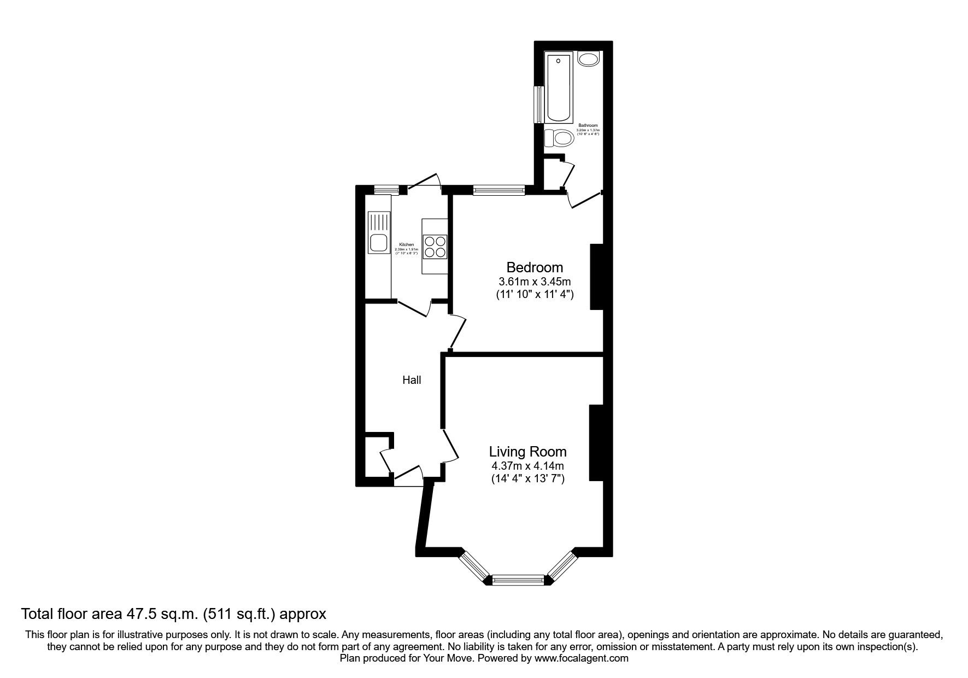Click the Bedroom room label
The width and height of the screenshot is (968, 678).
tap(534, 268)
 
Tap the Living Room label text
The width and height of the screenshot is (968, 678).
tap(527, 452)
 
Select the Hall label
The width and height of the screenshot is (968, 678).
tap(412, 379)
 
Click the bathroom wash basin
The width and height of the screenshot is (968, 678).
tap(588, 59)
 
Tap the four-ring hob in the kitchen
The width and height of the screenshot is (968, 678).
tap(436, 246)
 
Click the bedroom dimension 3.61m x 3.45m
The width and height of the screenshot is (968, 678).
tap(534, 282)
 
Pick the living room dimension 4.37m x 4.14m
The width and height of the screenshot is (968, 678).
tap(527, 466)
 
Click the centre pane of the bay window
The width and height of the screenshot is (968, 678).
tap(518, 580)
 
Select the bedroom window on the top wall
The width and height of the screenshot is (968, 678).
tap(498, 190)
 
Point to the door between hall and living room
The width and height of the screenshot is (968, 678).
tap(451, 446)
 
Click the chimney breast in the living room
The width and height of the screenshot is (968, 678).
tap(595, 443)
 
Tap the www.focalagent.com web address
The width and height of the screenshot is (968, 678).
tap(581, 658)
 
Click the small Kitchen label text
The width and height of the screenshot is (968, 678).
tap(406, 244)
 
